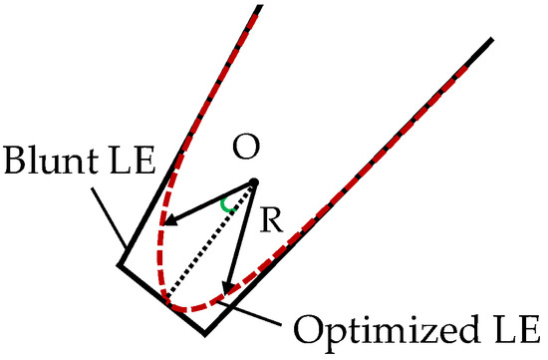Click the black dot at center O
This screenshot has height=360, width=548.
[254, 181]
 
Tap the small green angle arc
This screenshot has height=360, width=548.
[228, 206]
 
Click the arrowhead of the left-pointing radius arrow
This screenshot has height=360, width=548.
[171, 220]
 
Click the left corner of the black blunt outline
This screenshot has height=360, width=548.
[119, 265]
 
